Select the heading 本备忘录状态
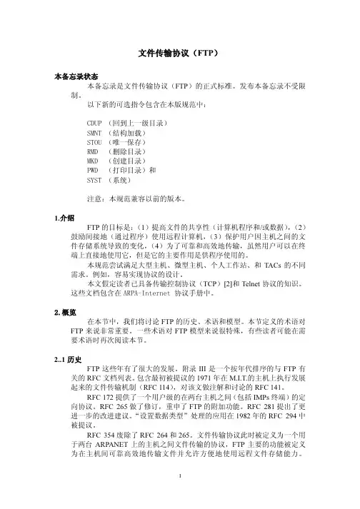pos(77,75)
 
